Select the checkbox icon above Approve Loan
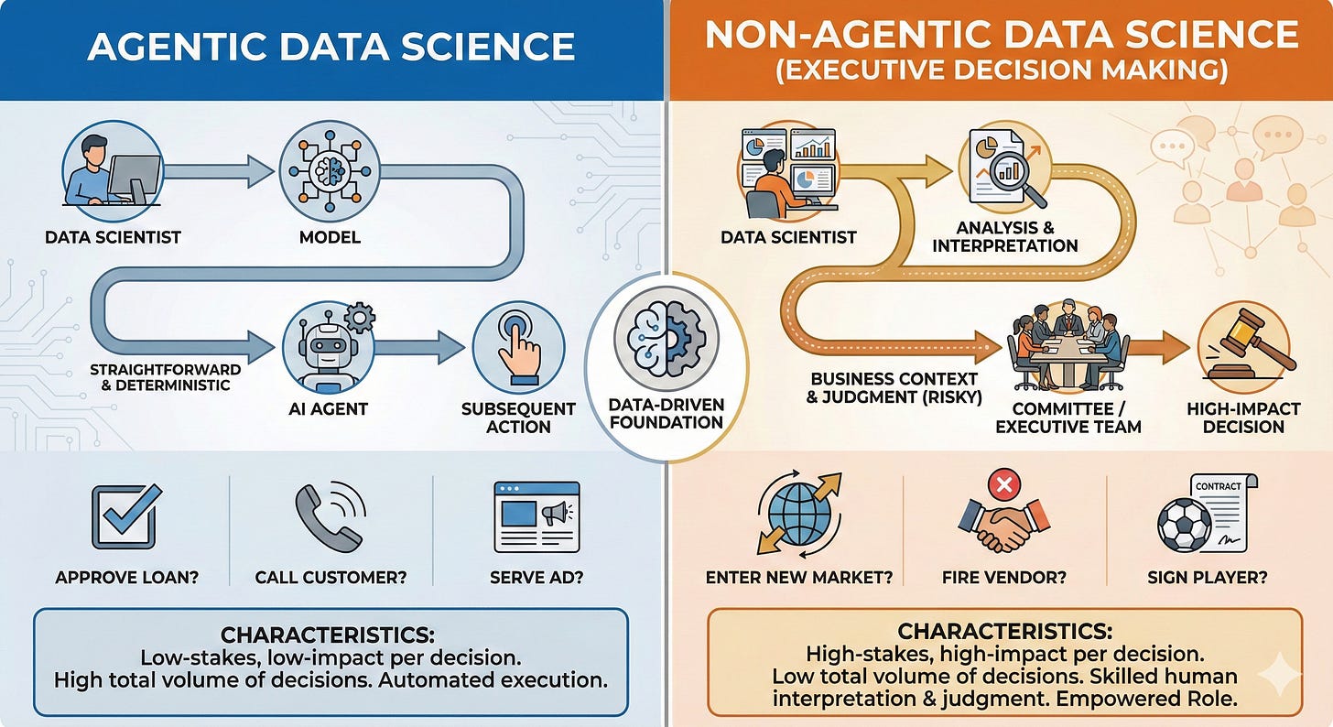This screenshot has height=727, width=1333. pos(124,516)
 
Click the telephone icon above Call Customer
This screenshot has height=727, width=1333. pos(328,516)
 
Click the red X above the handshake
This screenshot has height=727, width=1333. pos(1004,483)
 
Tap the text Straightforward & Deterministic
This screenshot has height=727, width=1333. pos(165,378)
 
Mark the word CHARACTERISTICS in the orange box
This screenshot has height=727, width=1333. pos(1004,632)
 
